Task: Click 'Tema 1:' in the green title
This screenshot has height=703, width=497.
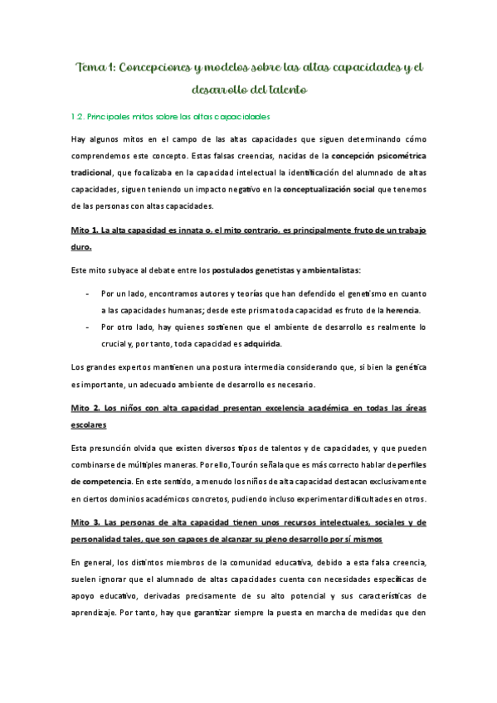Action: point(96,67)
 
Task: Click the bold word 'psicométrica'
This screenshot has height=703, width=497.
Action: point(398,155)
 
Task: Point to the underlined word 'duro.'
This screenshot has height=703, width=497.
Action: point(82,246)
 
